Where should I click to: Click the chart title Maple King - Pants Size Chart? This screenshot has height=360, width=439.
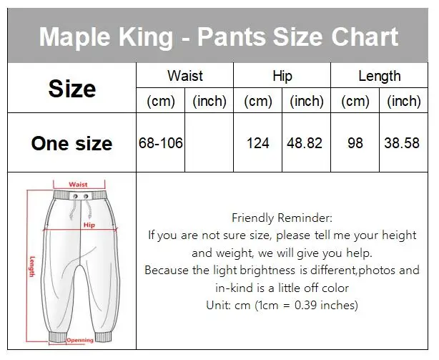tap(219, 36)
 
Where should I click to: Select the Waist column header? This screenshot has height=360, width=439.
tap(184, 76)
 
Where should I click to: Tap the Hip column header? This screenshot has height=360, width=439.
tap(282, 76)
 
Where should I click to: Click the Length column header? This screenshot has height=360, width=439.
tap(380, 76)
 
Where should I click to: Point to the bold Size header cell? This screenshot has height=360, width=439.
tap(71, 88)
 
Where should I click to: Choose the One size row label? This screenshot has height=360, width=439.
tap(71, 143)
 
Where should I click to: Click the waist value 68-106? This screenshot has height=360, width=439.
tap(161, 143)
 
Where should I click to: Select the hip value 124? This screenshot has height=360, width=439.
tap(257, 143)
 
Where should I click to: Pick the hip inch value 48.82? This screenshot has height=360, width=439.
tap(305, 143)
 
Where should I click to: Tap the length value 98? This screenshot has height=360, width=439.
tap(355, 143)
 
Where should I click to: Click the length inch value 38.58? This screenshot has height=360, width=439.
tap(403, 143)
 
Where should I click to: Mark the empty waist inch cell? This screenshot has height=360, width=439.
tap(209, 143)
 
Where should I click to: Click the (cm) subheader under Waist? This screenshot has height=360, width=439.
tap(161, 102)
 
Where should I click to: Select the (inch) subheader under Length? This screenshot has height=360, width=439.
tap(403, 102)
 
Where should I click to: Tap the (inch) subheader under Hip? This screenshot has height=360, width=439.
tap(306, 102)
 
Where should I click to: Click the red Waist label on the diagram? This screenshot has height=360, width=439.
tap(78, 185)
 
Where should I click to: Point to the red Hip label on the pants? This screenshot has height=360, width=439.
tap(89, 224)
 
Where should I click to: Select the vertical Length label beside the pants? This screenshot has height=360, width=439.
tap(32, 267)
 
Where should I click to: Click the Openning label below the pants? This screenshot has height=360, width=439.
tap(81, 340)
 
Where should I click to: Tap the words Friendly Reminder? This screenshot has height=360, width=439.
tap(282, 218)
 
